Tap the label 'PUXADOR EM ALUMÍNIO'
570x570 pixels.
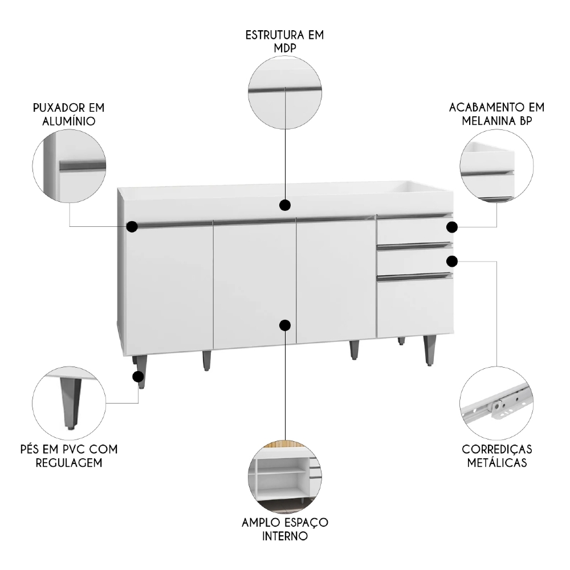coord(69,114)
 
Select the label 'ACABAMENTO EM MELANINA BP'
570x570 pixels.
coord(496,114)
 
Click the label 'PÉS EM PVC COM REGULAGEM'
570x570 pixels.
coord(68,456)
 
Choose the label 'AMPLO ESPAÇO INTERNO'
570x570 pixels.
coord(284,530)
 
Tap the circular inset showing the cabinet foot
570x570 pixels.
coord(70,404)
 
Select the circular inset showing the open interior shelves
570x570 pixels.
coord(285,475)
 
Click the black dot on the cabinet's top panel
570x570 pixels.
coord(285,205)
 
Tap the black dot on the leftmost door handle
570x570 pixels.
coord(132,227)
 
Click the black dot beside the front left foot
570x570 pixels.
coord(138,376)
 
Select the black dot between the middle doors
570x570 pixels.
coord(285,325)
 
